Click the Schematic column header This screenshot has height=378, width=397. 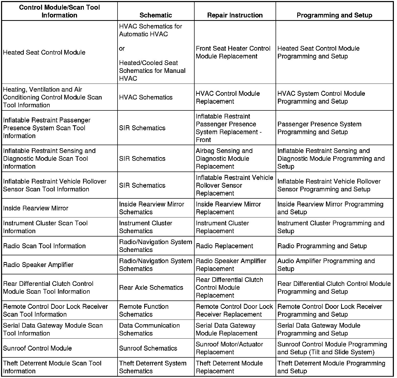[x=156, y=15]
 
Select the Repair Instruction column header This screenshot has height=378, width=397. [x=235, y=15]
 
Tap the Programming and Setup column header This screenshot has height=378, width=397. [x=334, y=15]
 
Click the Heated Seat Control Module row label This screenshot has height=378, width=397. [x=44, y=52]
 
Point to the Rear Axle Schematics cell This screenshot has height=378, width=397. [x=151, y=287]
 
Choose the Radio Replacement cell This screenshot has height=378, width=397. [x=224, y=246]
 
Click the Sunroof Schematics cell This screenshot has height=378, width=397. [x=148, y=348]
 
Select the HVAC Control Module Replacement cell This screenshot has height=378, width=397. [x=228, y=97]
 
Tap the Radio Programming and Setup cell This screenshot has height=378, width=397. [x=322, y=246]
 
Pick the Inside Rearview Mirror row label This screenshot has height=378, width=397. [x=36, y=208]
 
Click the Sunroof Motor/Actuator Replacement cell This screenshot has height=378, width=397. [x=229, y=348]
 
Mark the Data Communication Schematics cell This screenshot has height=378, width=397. [x=149, y=329]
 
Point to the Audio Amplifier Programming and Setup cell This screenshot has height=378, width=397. [x=326, y=265]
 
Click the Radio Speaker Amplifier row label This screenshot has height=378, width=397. [x=38, y=265]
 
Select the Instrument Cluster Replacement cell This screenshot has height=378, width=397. [x=222, y=227]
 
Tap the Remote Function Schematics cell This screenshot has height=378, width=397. [x=144, y=310]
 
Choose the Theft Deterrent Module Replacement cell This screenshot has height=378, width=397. [x=229, y=367]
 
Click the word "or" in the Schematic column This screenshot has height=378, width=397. [x=122, y=49]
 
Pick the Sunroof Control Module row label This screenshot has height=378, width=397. [x=37, y=348]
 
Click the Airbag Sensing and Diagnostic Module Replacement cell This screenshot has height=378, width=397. [x=224, y=158]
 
